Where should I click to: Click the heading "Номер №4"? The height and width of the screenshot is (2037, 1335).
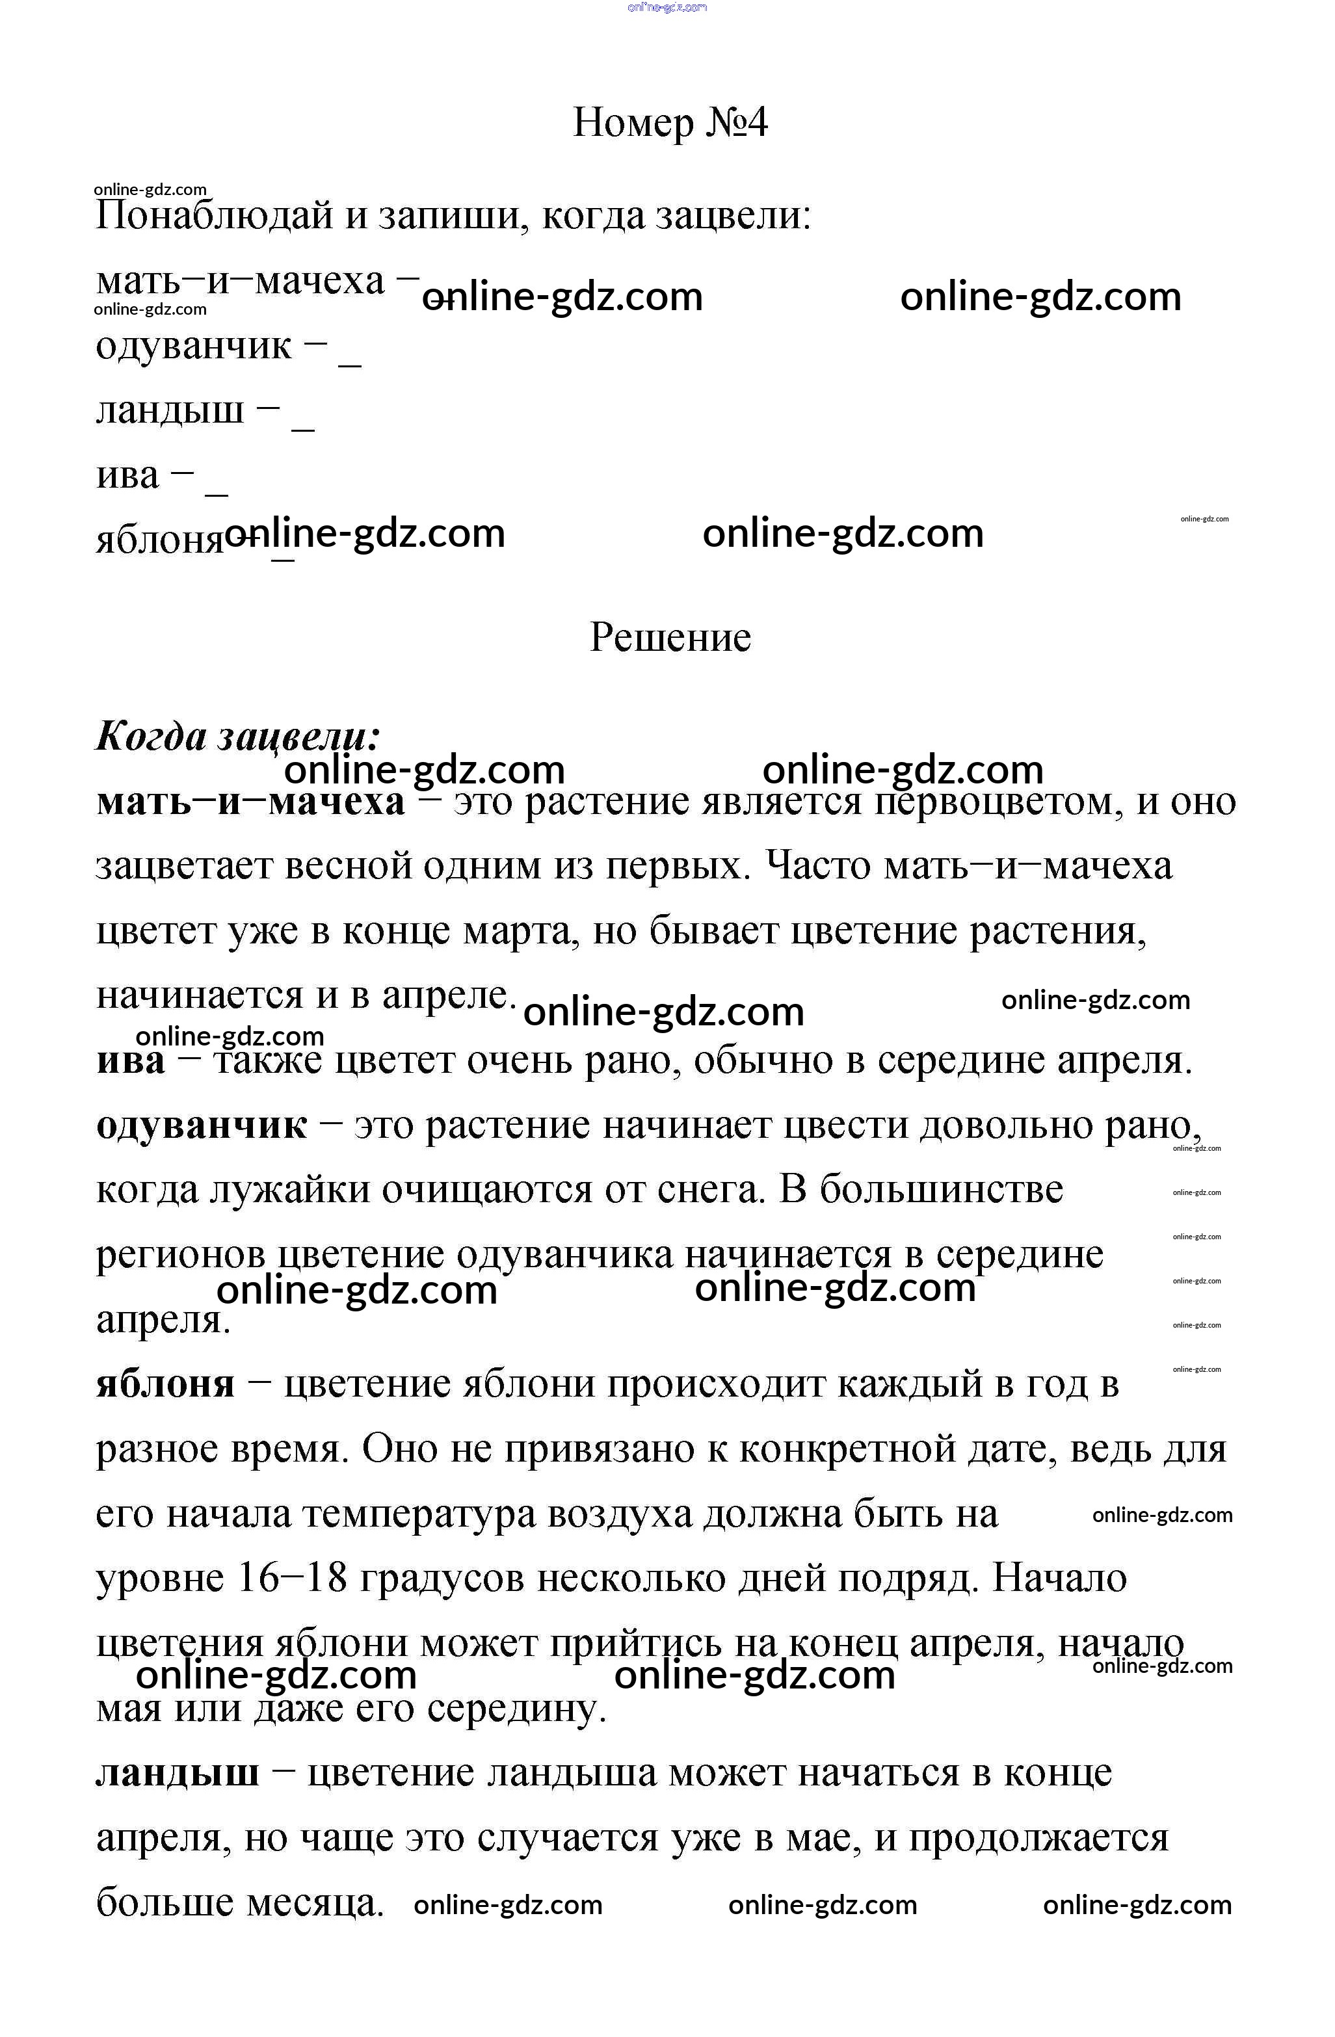pyautogui.click(x=670, y=122)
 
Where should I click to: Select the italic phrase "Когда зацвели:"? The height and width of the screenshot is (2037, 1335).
pyautogui.click(x=238, y=736)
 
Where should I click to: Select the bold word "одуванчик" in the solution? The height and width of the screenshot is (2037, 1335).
pyautogui.click(x=201, y=1125)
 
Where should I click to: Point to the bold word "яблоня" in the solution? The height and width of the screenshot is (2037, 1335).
pyautogui.click(x=165, y=1384)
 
